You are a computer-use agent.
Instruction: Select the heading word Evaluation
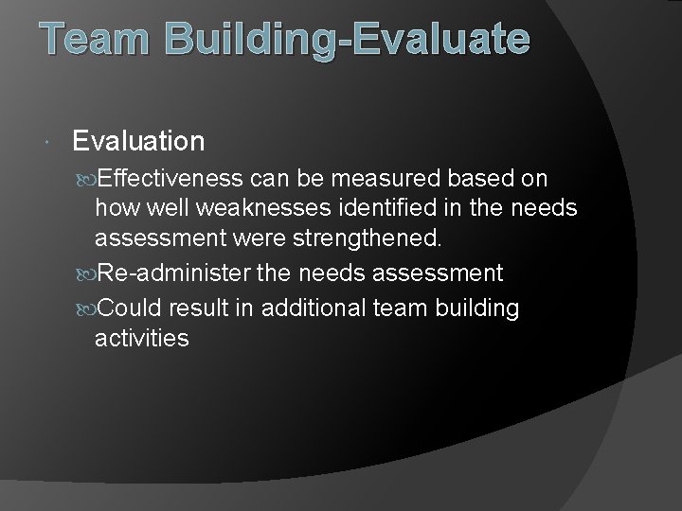pyautogui.click(x=138, y=142)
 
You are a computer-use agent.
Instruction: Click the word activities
pyautogui.click(x=142, y=338)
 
